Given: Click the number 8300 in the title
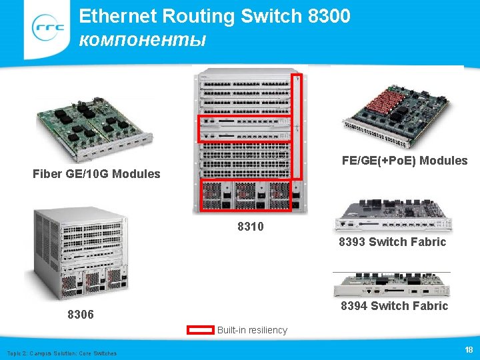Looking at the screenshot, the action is tap(329, 16).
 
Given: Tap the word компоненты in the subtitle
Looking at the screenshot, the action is tap(142, 39).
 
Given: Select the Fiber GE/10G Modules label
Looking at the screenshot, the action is tap(97, 174).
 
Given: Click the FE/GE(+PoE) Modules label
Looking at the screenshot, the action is tap(405, 161).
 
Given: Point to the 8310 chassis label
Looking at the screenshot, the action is tap(251, 227).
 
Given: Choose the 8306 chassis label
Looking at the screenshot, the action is tap(81, 314).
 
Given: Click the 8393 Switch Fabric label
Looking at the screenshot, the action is tap(392, 242).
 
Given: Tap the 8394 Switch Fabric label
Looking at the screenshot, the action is tap(394, 306).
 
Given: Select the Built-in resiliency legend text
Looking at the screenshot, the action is tap(252, 330).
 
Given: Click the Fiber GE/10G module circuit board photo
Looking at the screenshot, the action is tap(94, 127).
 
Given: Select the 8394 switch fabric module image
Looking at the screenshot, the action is tap(391, 284).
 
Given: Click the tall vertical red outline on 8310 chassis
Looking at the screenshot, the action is tap(297, 127).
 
